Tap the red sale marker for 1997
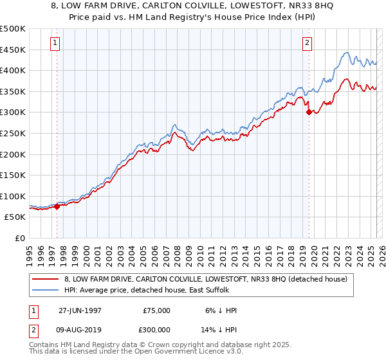point(57,206)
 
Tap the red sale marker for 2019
point(309,112)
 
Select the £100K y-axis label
point(13,196)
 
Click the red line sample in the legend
point(46,279)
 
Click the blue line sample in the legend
point(46,291)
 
